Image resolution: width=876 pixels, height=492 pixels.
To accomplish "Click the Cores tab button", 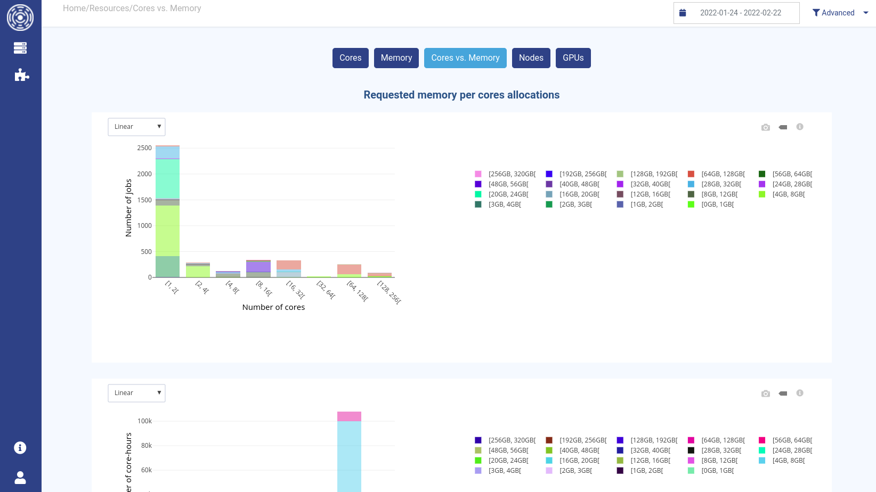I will pyautogui.click(x=350, y=58).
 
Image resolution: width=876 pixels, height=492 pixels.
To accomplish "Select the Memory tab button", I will pyautogui.click(x=396, y=58).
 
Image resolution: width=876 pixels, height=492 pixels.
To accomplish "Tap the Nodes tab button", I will pyautogui.click(x=531, y=58).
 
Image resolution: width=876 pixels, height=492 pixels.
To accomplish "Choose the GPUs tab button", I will pyautogui.click(x=573, y=58).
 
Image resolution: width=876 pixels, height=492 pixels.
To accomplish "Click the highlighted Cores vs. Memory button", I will pyautogui.click(x=465, y=58).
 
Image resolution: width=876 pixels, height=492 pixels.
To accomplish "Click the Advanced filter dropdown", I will pyautogui.click(x=839, y=13).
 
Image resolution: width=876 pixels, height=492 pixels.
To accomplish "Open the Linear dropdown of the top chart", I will pyautogui.click(x=137, y=127).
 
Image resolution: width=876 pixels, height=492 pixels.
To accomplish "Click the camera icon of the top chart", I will pyautogui.click(x=766, y=127).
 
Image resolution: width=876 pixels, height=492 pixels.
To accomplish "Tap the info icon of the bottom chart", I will pyautogui.click(x=800, y=393).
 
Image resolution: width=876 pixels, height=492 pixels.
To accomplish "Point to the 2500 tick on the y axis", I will pyautogui.click(x=144, y=148).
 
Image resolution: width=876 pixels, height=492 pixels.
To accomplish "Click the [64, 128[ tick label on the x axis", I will pyautogui.click(x=358, y=291).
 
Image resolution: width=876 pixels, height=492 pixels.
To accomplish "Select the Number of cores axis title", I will pyautogui.click(x=273, y=307).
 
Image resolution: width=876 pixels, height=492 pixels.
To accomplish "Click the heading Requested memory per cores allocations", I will pyautogui.click(x=461, y=95).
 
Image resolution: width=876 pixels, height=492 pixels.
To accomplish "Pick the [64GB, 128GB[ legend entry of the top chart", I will pyautogui.click(x=723, y=174).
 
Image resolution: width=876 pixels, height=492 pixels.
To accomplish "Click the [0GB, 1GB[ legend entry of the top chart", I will pyautogui.click(x=717, y=204).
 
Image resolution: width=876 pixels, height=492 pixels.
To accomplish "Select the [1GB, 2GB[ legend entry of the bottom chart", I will pyautogui.click(x=646, y=471).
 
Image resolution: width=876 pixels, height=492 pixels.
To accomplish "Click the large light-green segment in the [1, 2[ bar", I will pyautogui.click(x=167, y=230).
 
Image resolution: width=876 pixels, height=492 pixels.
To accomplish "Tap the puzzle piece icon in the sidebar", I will pyautogui.click(x=21, y=75).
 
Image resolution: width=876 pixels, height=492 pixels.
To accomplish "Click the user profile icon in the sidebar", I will pyautogui.click(x=20, y=478).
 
